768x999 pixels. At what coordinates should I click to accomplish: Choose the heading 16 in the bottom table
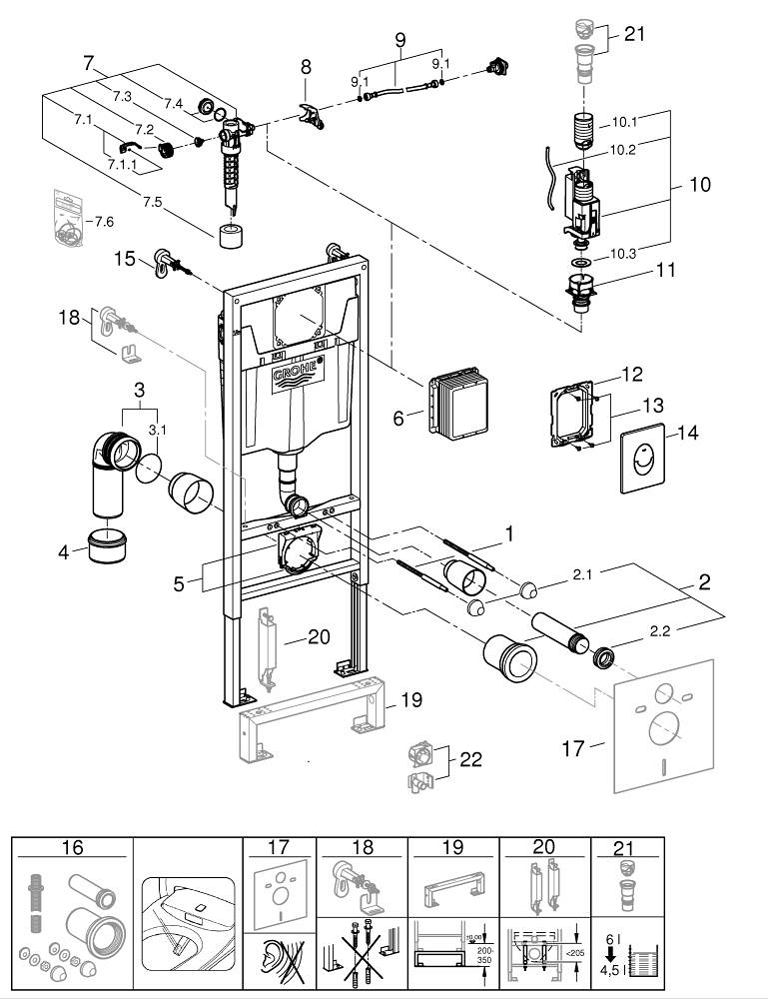(x=72, y=848)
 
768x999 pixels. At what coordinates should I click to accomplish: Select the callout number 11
(x=637, y=270)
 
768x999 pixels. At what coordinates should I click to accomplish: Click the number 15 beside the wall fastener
(x=125, y=259)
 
